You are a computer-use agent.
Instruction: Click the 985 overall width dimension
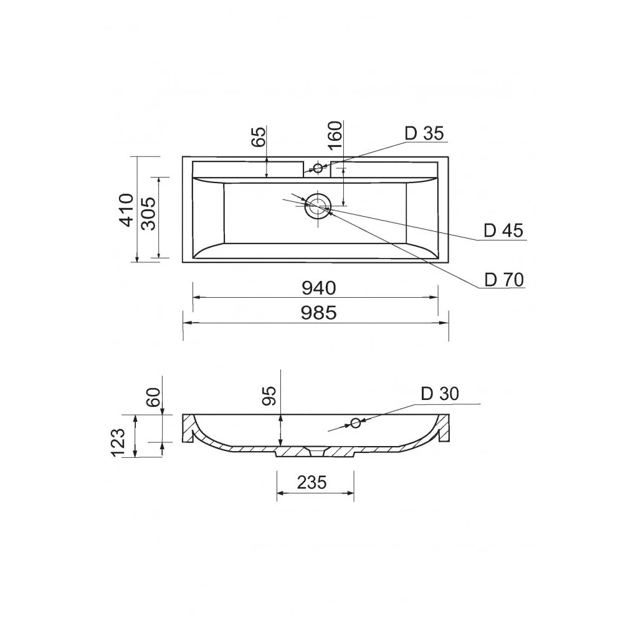[318, 313]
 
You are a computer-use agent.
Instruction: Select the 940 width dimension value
[318, 288]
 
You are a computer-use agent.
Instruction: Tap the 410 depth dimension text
[126, 210]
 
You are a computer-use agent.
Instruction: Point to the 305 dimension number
[149, 214]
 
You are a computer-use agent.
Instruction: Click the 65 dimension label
[259, 136]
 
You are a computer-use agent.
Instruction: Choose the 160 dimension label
[335, 135]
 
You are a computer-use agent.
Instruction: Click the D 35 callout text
[424, 133]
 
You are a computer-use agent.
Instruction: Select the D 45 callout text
[503, 231]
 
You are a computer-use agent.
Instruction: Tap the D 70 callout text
[504, 280]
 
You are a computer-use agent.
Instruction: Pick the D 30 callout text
[440, 394]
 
